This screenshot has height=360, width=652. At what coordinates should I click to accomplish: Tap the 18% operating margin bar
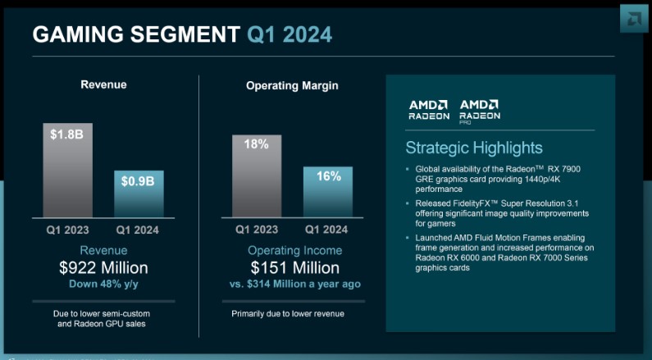(x=256, y=175)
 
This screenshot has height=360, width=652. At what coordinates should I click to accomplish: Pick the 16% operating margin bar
(x=327, y=192)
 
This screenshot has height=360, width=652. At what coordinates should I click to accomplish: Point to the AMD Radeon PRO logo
(x=480, y=110)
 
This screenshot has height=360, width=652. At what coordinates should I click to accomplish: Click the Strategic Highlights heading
(x=474, y=148)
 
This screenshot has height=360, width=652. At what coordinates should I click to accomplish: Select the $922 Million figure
(x=103, y=267)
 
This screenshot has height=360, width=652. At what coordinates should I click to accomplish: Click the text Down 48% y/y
(x=103, y=284)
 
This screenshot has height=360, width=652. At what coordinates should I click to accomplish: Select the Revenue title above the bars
(x=103, y=84)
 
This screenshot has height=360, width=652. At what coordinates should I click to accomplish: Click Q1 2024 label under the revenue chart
(x=138, y=230)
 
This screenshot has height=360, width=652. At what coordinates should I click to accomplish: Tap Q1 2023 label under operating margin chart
(x=257, y=230)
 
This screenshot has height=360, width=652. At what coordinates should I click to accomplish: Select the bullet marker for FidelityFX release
(x=408, y=203)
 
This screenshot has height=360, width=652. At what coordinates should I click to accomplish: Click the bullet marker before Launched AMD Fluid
(x=408, y=238)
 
